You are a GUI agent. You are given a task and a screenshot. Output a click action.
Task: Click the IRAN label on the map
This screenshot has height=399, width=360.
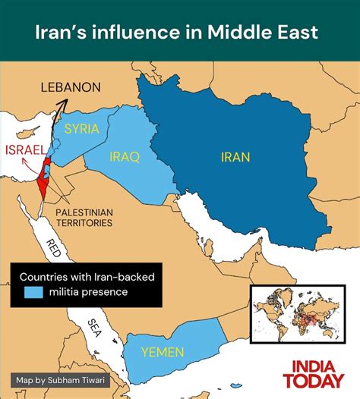click(235, 157)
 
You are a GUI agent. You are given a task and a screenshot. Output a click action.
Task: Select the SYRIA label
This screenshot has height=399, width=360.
click(81, 128)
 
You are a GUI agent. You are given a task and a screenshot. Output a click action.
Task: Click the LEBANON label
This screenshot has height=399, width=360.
click(71, 87)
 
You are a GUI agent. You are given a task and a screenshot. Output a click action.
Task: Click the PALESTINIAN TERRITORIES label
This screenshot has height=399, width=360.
click(84, 218)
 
